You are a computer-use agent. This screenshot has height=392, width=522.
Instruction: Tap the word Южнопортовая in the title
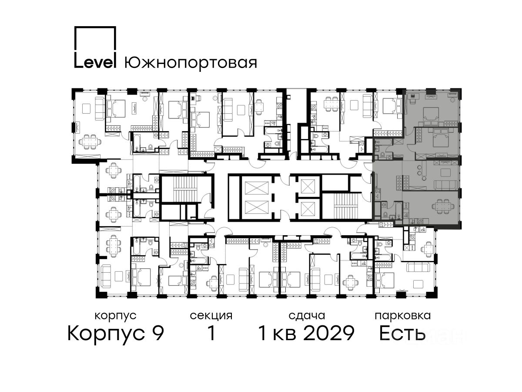point(191,63)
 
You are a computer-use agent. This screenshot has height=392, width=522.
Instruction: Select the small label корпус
point(116,316)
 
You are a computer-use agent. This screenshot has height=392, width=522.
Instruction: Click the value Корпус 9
point(116,334)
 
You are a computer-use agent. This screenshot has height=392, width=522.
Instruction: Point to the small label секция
point(211,316)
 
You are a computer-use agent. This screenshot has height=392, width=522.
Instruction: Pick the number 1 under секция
point(211,333)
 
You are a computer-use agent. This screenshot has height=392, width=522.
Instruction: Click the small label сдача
point(307,316)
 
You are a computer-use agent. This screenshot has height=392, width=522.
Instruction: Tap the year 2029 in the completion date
point(329,333)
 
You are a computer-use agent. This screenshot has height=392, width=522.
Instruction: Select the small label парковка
point(403,316)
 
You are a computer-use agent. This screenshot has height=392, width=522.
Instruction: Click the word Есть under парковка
point(402,333)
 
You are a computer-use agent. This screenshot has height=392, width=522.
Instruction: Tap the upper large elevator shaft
point(257,188)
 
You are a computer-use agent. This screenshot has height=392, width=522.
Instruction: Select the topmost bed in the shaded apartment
point(431,116)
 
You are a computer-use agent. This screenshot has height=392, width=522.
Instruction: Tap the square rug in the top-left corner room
point(86,109)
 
